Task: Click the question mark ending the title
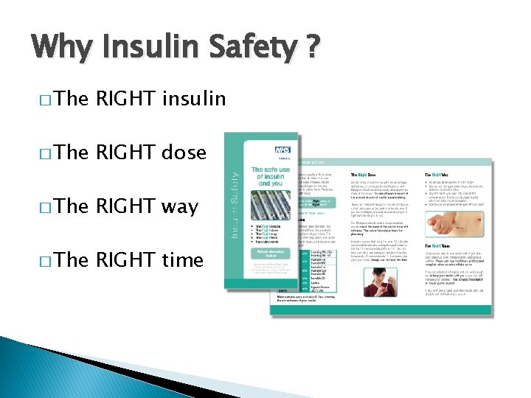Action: (x=313, y=48)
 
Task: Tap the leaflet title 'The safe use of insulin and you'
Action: (x=270, y=177)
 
